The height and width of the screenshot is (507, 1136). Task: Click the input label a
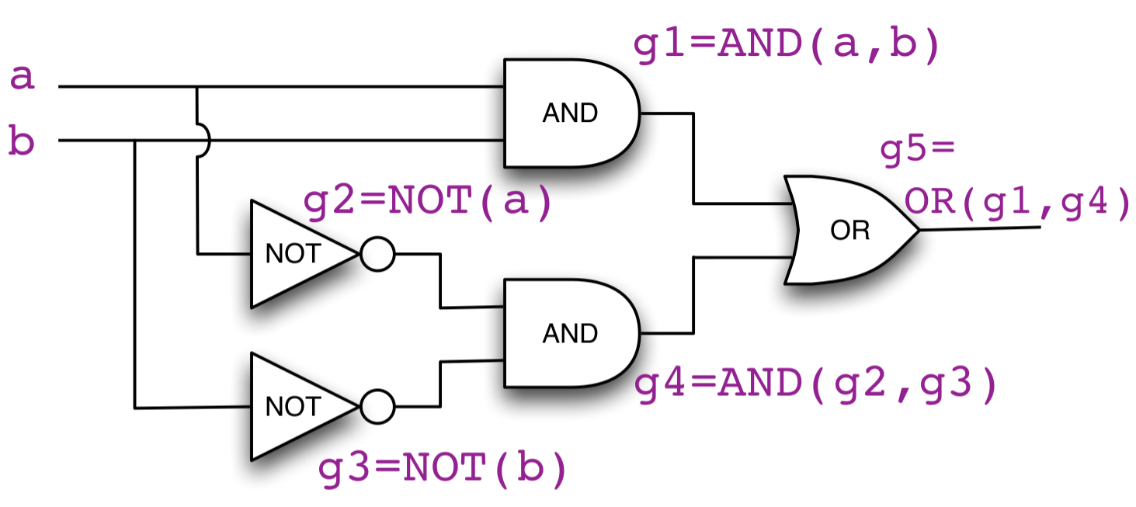[x=22, y=78]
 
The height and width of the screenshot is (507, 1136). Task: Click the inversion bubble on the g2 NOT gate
[x=377, y=254]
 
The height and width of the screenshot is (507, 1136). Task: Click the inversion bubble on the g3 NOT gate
[x=377, y=406]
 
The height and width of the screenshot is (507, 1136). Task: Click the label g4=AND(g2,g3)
[x=815, y=386]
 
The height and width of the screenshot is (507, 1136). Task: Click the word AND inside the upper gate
[x=571, y=113]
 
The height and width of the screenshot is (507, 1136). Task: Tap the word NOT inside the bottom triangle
[x=293, y=406]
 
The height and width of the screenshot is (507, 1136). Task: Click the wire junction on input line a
[x=197, y=87]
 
